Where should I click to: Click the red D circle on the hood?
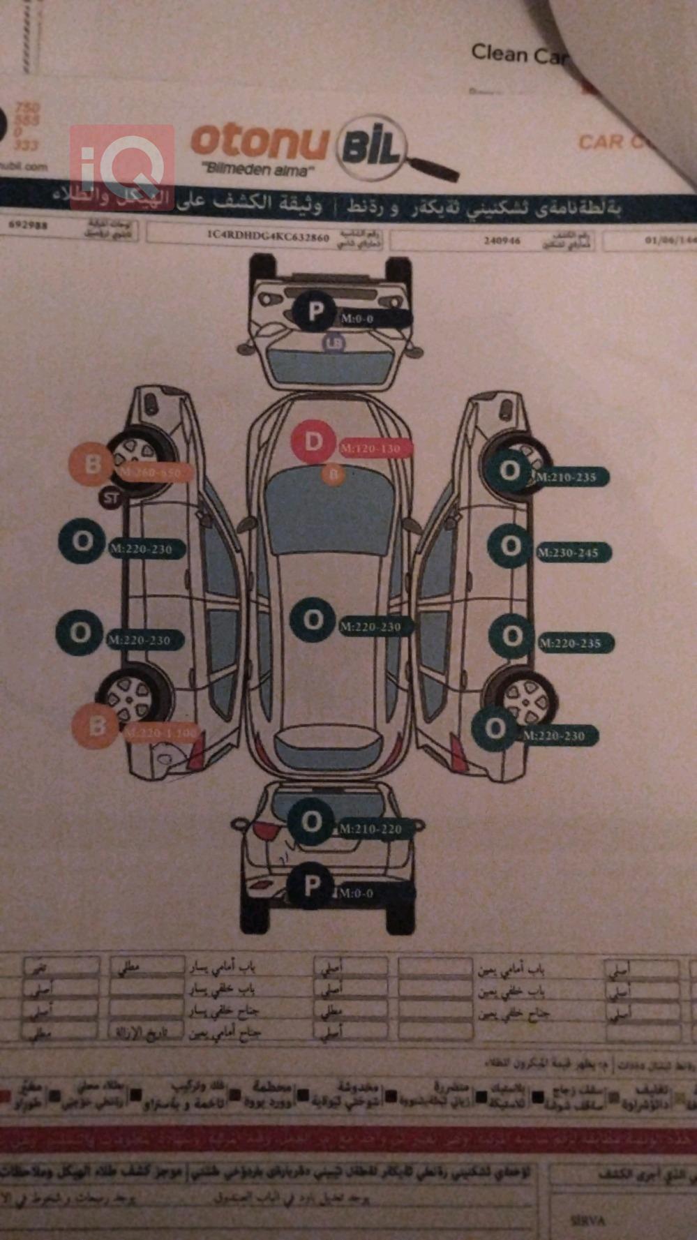click(x=313, y=442)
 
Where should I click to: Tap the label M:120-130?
click(x=371, y=449)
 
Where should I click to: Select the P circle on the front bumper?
click(x=315, y=311)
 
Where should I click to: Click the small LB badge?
click(x=334, y=343)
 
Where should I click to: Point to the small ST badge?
click(x=110, y=498)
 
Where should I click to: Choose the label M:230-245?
click(x=568, y=553)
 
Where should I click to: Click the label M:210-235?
click(x=567, y=477)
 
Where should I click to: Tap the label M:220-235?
click(x=570, y=643)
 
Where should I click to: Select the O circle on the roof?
click(x=313, y=620)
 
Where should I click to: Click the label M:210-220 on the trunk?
click(x=371, y=829)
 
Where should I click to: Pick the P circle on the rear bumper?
click(x=311, y=886)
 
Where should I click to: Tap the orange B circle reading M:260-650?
click(x=91, y=463)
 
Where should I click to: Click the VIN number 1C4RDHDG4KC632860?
click(x=268, y=237)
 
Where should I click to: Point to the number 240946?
click(x=502, y=241)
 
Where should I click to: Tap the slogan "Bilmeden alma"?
click(x=257, y=169)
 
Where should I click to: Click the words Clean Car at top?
click(x=519, y=54)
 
